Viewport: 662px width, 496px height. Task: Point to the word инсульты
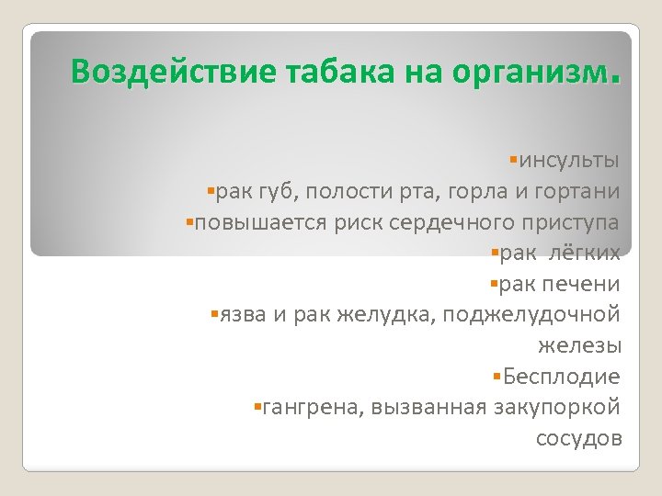pyautogui.click(x=570, y=161)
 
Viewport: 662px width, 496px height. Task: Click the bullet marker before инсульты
pyautogui.click(x=511, y=160)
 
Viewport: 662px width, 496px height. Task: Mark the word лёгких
pyautogui.click(x=588, y=253)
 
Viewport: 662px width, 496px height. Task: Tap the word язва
pyautogui.click(x=242, y=315)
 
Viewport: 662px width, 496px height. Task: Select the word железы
pyautogui.click(x=579, y=345)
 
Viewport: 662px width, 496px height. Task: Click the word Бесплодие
pyautogui.click(x=561, y=377)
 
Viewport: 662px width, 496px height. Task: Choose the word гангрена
pyautogui.click(x=314, y=407)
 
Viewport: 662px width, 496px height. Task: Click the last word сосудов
pyautogui.click(x=578, y=438)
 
